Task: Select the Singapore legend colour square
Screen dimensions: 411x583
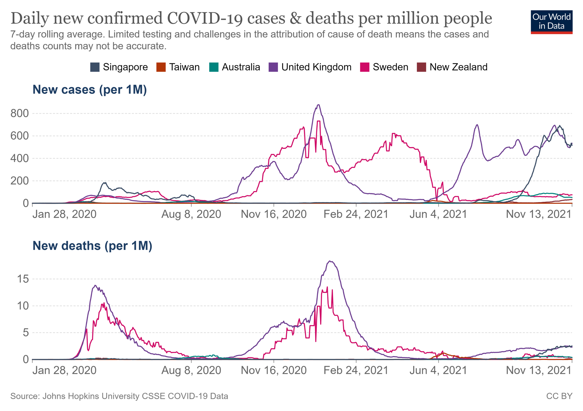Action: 95,67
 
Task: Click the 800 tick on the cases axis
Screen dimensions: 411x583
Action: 19,113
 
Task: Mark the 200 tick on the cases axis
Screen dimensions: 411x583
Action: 19,181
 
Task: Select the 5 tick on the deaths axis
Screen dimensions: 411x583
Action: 26,333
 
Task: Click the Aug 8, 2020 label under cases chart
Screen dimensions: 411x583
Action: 191,214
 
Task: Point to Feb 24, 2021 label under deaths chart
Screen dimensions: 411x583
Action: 356,370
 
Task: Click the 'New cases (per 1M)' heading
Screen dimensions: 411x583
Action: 90,90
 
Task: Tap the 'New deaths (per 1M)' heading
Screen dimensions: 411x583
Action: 92,246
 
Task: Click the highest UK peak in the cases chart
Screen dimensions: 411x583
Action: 319,105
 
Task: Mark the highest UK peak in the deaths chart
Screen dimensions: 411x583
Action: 330,261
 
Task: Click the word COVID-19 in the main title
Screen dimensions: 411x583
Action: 205,18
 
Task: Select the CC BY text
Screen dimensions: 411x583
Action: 559,396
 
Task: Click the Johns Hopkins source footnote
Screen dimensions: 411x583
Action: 119,396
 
